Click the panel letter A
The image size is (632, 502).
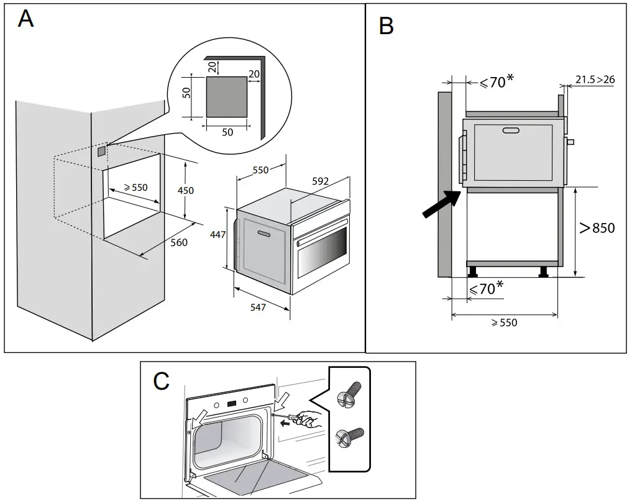25,19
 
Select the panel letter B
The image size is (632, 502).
386,26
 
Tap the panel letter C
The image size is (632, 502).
161,381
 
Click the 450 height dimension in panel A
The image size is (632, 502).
186,189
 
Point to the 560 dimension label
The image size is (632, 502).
179,243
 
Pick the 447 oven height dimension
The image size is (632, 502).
217,234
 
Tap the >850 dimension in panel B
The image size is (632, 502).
597,228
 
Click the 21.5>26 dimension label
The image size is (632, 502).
595,80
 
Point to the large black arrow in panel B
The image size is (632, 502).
441,206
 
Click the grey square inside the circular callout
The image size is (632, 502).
226,97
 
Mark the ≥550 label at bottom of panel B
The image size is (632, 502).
503,323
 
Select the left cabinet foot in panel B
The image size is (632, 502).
474,271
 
